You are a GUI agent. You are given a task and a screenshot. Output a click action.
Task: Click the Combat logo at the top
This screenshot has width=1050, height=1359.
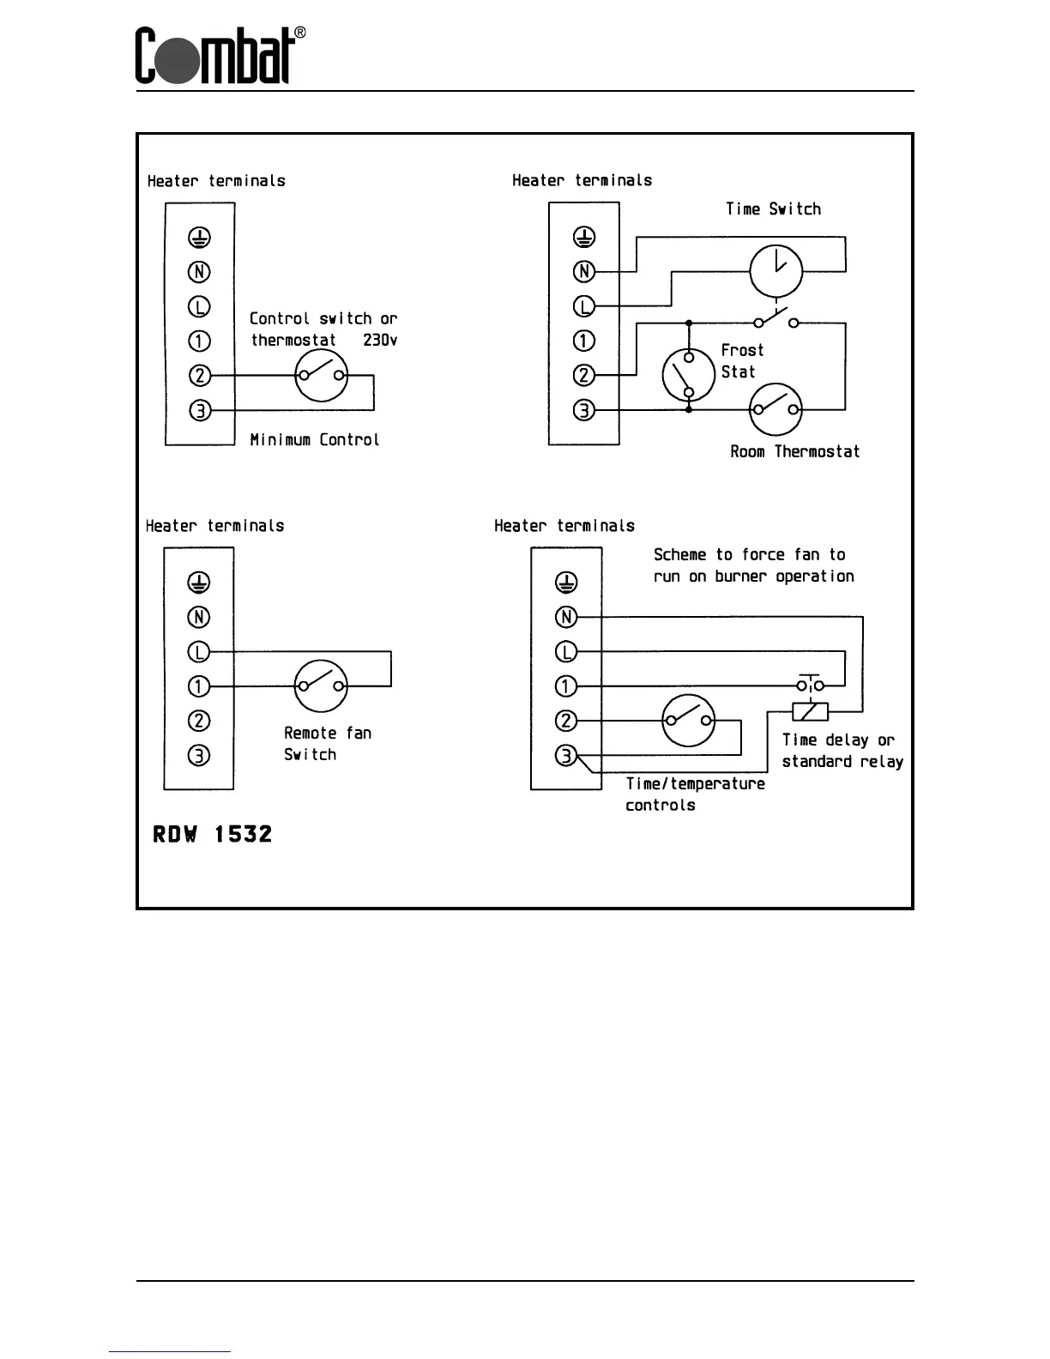[x=214, y=57]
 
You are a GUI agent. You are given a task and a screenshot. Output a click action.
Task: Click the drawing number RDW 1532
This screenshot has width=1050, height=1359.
[x=213, y=834]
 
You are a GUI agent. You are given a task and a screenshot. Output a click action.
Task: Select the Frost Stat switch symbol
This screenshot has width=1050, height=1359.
[x=688, y=375]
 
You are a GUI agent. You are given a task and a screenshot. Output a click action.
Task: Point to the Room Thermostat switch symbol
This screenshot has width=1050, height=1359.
[x=775, y=410]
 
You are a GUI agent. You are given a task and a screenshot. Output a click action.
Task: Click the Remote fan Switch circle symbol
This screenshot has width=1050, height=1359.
[x=321, y=686]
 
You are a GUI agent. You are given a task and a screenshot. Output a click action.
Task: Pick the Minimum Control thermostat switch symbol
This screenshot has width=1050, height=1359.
[x=321, y=376]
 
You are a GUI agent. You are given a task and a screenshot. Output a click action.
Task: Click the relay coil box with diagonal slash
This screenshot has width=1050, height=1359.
[x=810, y=711]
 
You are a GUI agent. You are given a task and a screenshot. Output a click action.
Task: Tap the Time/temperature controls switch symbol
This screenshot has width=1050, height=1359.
[x=688, y=721]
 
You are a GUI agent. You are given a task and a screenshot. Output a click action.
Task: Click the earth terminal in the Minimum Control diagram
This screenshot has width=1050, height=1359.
[x=199, y=237]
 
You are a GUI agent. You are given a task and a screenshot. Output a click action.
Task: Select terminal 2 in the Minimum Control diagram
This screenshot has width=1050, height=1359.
[x=199, y=376]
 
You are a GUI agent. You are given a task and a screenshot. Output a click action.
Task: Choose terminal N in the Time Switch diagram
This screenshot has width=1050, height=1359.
[x=583, y=272]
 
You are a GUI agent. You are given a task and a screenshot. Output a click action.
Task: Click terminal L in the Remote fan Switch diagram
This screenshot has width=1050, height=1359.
[x=198, y=652]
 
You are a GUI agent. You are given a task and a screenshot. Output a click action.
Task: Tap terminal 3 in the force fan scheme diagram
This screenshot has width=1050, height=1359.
[x=565, y=756]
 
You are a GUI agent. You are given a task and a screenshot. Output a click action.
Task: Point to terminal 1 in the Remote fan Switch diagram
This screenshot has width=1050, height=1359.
[x=198, y=686]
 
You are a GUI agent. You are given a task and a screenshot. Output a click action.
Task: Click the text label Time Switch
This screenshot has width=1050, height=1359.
[x=773, y=209]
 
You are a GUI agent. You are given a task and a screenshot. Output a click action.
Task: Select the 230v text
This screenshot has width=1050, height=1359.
[x=380, y=340]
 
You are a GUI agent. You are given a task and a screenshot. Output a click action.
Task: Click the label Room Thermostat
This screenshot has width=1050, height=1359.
[x=794, y=452]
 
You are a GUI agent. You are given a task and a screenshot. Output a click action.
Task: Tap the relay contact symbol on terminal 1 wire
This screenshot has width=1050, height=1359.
[x=810, y=685]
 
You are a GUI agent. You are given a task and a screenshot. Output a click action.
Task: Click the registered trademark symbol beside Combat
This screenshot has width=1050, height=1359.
[x=300, y=33]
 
